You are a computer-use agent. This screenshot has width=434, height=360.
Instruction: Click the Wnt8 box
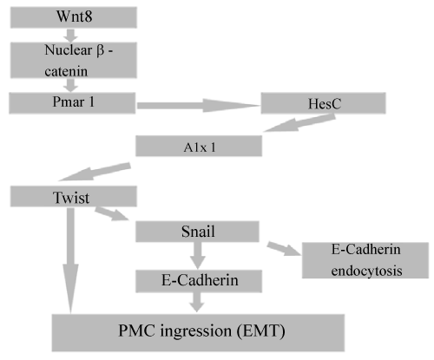pos(74,17)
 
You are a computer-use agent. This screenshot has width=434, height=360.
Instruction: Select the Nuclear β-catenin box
pos(74,60)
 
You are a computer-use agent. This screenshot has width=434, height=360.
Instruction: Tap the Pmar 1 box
pos(72,103)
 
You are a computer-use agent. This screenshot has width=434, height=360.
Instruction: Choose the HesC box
pos(323,103)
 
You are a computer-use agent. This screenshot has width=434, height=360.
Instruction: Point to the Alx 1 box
pos(199,146)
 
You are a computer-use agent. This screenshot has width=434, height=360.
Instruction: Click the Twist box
pos(74,196)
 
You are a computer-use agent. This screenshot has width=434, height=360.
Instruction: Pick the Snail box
pos(197,232)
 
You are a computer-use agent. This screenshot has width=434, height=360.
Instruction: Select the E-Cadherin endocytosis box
pos(365,260)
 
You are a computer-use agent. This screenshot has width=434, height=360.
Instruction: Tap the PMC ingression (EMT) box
pos(198,333)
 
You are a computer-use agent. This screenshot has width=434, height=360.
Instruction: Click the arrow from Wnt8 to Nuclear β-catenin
pos(70,36)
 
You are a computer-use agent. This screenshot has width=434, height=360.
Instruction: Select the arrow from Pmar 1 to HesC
pos(198,105)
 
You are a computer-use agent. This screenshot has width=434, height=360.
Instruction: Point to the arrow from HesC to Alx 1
pos(299,122)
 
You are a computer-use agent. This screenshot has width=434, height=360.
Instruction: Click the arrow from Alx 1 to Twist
pos(95,172)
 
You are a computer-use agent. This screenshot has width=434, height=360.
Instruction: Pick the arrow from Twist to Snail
pos(112,213)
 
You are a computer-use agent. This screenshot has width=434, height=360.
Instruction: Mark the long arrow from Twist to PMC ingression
pos(70,260)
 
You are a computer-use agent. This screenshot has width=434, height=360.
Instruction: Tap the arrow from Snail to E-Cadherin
pos(197,256)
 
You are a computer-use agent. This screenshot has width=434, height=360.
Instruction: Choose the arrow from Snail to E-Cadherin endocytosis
pos(284,249)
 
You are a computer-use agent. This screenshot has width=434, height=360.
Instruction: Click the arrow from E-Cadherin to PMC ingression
pos(197,302)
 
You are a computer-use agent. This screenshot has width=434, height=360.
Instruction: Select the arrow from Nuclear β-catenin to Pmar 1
pos(70,85)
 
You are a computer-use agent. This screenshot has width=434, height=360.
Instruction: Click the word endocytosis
pos(366,271)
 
